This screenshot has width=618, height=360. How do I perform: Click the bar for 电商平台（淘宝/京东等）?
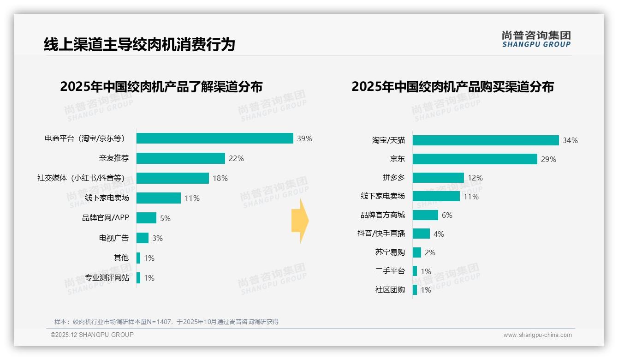(214, 138)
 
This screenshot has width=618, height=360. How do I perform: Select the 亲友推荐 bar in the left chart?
(180, 158)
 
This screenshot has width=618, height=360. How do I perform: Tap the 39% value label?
(304, 138)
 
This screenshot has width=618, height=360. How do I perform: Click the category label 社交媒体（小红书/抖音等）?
(81, 178)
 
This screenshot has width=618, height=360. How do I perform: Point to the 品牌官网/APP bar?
(146, 218)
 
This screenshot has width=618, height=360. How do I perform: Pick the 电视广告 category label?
(114, 238)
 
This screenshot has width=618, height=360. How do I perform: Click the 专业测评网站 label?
(107, 278)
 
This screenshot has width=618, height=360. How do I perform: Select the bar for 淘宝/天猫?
(486, 140)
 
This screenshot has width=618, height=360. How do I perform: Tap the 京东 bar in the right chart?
(475, 159)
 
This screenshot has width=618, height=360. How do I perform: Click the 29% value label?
(548, 159)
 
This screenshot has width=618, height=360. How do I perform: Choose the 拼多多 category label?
(393, 178)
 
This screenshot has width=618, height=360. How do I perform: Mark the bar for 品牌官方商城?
(425, 215)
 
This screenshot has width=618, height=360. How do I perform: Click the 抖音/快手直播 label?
(381, 234)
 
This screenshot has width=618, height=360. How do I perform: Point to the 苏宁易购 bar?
(417, 252)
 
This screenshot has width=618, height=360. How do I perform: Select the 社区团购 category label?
(390, 290)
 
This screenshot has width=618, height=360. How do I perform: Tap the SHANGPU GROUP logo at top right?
(536, 39)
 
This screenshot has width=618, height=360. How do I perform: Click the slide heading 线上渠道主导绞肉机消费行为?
(139, 44)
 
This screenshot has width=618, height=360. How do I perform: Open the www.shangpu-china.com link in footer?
(537, 335)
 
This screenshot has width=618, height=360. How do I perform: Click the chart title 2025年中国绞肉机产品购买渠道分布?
(452, 87)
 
